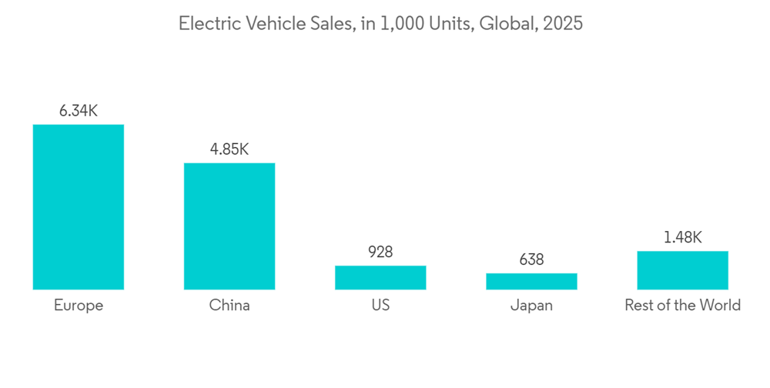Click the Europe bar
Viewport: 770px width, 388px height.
pyautogui.click(x=79, y=206)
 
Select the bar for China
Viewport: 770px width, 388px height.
pyautogui.click(x=229, y=226)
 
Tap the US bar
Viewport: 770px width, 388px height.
pyautogui.click(x=380, y=277)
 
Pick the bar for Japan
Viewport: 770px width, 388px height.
pyautogui.click(x=531, y=281)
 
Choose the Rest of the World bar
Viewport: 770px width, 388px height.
pyautogui.click(x=682, y=270)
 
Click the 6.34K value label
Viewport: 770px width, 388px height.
pyautogui.click(x=79, y=111)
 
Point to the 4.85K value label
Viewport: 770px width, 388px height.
pyautogui.click(x=229, y=149)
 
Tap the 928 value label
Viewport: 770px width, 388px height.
pyautogui.click(x=380, y=253)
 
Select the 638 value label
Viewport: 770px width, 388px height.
pyautogui.click(x=531, y=260)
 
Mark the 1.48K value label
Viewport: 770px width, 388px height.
pyautogui.click(x=682, y=238)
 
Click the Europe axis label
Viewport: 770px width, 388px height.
pyautogui.click(x=79, y=306)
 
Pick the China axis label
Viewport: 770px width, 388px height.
pyautogui.click(x=229, y=306)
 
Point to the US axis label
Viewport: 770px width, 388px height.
pyautogui.click(x=380, y=306)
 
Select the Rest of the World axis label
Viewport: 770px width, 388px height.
pyautogui.click(x=682, y=306)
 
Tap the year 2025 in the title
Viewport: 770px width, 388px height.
pyautogui.click(x=563, y=24)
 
